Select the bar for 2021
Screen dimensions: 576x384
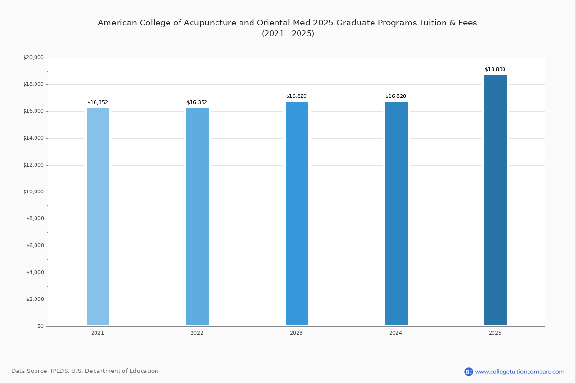[x=98, y=216]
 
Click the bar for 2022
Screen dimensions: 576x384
[x=197, y=216]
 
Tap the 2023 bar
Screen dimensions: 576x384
[x=297, y=214]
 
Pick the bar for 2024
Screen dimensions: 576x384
[x=396, y=214]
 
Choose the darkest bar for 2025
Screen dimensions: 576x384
[x=495, y=200]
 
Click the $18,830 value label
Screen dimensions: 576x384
[x=495, y=69]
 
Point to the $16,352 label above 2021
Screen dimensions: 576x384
[x=97, y=102]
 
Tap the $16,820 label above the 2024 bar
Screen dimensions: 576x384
[x=396, y=96]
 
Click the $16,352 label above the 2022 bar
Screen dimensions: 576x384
[x=197, y=102]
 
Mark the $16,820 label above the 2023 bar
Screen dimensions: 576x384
[x=296, y=96]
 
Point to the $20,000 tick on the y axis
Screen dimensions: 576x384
[x=33, y=57]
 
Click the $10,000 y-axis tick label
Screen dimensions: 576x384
[x=33, y=192]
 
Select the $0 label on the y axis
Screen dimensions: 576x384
[x=40, y=326]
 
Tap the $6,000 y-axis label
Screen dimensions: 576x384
[x=35, y=246]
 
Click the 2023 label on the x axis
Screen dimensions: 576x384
[x=296, y=333]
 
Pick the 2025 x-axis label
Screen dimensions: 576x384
[x=495, y=333]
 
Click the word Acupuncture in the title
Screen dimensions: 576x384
[x=210, y=23]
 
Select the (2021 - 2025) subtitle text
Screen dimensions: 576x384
[x=288, y=34]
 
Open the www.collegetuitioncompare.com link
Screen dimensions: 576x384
[x=519, y=372]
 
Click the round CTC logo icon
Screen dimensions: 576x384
[x=468, y=372]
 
